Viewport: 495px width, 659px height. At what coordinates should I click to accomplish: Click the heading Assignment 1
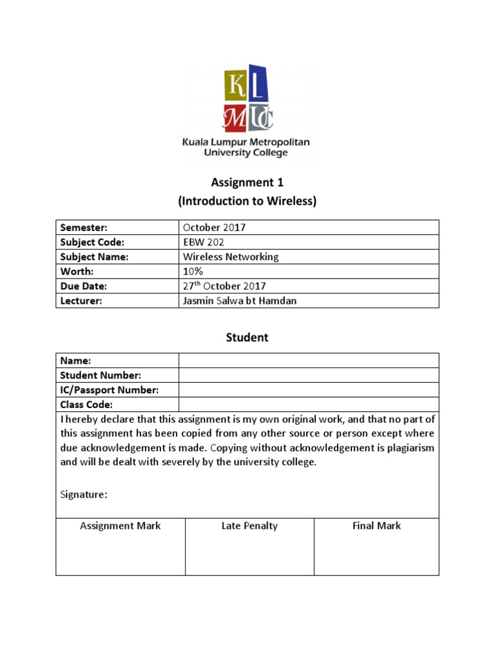[x=248, y=183]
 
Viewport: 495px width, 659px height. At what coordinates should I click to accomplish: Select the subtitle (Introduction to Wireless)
[x=247, y=201]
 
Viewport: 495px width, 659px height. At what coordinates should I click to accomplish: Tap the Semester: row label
[x=83, y=227]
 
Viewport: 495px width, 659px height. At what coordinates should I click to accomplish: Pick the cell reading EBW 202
[x=204, y=242]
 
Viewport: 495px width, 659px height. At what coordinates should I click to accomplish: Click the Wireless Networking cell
[x=231, y=257]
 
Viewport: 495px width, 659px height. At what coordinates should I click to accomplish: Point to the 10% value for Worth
[x=193, y=271]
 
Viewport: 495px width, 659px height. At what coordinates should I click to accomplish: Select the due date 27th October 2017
[x=224, y=286]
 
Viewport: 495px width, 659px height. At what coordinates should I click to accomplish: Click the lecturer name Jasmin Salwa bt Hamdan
[x=240, y=301]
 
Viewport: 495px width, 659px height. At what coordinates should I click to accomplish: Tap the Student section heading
[x=247, y=337]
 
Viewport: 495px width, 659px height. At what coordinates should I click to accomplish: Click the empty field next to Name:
[x=309, y=360]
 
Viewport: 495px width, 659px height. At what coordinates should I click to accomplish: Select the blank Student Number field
[x=309, y=375]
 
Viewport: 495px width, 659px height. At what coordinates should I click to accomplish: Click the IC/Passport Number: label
[x=110, y=390]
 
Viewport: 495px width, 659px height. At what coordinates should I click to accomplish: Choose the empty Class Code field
[x=309, y=405]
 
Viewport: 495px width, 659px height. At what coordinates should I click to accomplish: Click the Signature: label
[x=84, y=494]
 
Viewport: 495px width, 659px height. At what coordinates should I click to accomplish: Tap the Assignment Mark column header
[x=121, y=526]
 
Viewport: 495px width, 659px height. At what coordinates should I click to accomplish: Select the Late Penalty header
[x=249, y=526]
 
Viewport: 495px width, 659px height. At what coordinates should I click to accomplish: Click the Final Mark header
[x=376, y=526]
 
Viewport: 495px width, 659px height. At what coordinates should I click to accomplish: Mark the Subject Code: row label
[x=92, y=242]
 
